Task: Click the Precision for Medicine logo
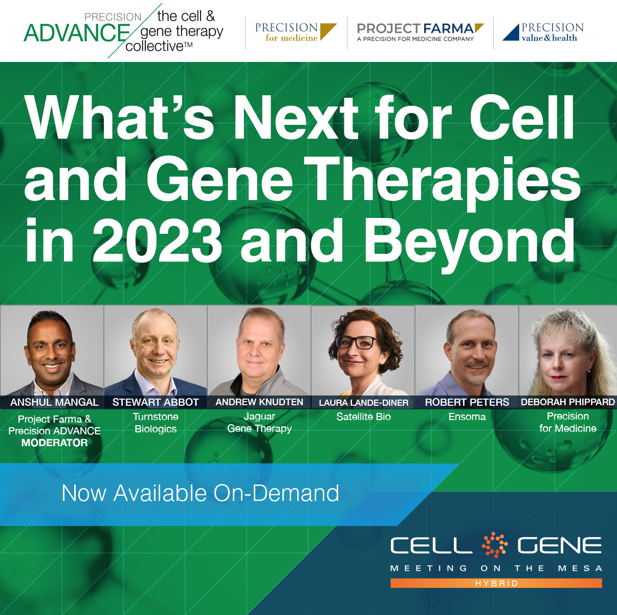pyautogui.click(x=296, y=32)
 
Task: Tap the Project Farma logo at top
pyautogui.click(x=420, y=32)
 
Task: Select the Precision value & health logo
pyautogui.click(x=543, y=32)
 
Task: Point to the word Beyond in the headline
pyautogui.click(x=469, y=244)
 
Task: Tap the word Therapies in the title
pyautogui.click(x=442, y=183)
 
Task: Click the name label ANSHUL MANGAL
pyautogui.click(x=54, y=402)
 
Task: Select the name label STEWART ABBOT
pyautogui.click(x=156, y=402)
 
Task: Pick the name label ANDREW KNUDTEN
pyautogui.click(x=259, y=402)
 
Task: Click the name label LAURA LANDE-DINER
pyautogui.click(x=363, y=403)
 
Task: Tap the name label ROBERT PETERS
pyautogui.click(x=467, y=402)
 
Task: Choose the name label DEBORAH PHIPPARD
pyautogui.click(x=568, y=402)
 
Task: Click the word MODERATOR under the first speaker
pyautogui.click(x=54, y=443)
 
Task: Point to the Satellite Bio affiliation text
pyautogui.click(x=363, y=416)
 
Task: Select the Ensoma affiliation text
pyautogui.click(x=467, y=416)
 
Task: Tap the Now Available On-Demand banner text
pyautogui.click(x=200, y=493)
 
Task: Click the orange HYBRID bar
pyautogui.click(x=496, y=583)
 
